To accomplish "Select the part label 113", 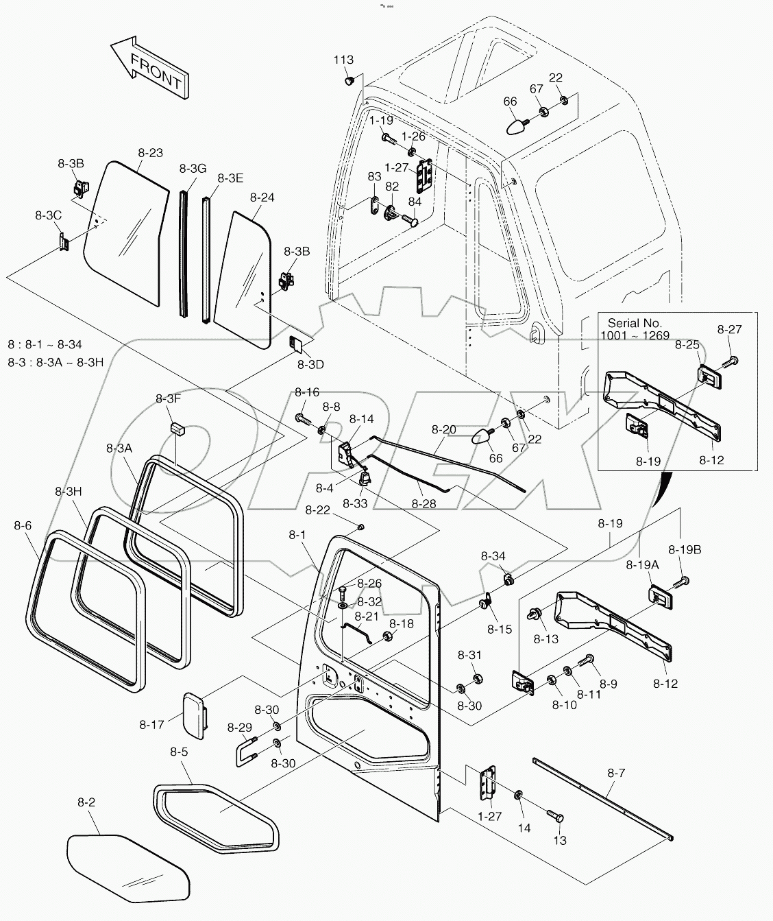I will click(343, 60).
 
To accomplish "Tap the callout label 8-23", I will click(150, 153).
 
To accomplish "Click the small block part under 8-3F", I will click(177, 429).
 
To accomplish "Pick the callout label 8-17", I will click(151, 724).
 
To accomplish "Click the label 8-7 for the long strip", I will click(615, 773).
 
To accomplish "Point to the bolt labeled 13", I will click(555, 815).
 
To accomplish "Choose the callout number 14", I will click(524, 828).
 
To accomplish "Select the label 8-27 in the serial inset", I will click(730, 329).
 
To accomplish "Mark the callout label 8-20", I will click(443, 430).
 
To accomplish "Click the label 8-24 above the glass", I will click(262, 198).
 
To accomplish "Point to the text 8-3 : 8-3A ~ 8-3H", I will click(56, 362).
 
